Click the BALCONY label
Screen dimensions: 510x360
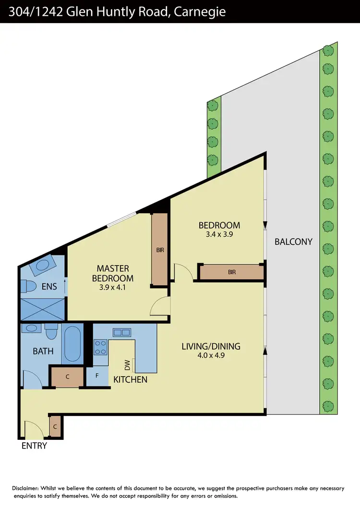[x=293, y=242]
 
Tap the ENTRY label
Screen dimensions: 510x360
[x=35, y=446]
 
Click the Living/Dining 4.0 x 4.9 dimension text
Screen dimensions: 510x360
[x=211, y=356]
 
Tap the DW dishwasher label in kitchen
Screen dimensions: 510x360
[x=128, y=365]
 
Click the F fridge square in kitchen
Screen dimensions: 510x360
[x=97, y=376]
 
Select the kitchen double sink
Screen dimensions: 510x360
[x=121, y=332]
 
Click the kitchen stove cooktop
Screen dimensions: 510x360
[x=100, y=347]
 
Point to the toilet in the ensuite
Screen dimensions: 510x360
[x=29, y=287]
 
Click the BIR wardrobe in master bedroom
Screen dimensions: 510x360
[x=159, y=250]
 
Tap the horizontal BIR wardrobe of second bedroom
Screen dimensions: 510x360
[x=232, y=272]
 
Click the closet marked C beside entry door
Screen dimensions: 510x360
[x=55, y=426]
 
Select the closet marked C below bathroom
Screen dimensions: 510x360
[x=68, y=377]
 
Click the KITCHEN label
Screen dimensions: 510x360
[x=130, y=379]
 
